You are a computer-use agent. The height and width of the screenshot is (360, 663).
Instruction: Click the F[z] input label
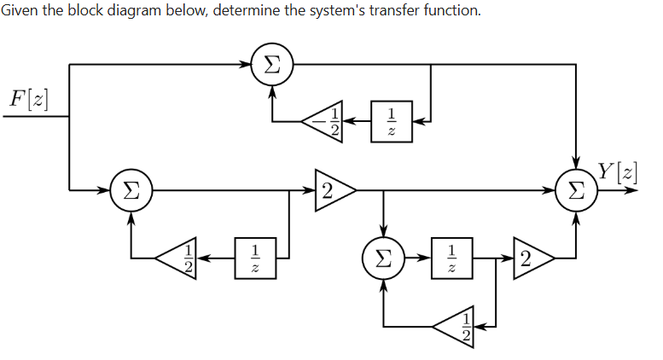27,98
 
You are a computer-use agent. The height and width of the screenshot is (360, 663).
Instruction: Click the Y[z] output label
616,171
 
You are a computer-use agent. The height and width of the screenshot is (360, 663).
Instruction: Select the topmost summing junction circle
272,64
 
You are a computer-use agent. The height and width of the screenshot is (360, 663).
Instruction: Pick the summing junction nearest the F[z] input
131,189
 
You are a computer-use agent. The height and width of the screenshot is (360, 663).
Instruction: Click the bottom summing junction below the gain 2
384,256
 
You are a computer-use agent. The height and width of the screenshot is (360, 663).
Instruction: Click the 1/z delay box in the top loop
391,121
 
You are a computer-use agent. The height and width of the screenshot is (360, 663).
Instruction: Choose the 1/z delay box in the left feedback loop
254,257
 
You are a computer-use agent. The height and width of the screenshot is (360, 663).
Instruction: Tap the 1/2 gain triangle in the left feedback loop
178,257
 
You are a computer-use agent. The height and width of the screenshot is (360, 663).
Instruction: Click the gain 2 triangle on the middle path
333,189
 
